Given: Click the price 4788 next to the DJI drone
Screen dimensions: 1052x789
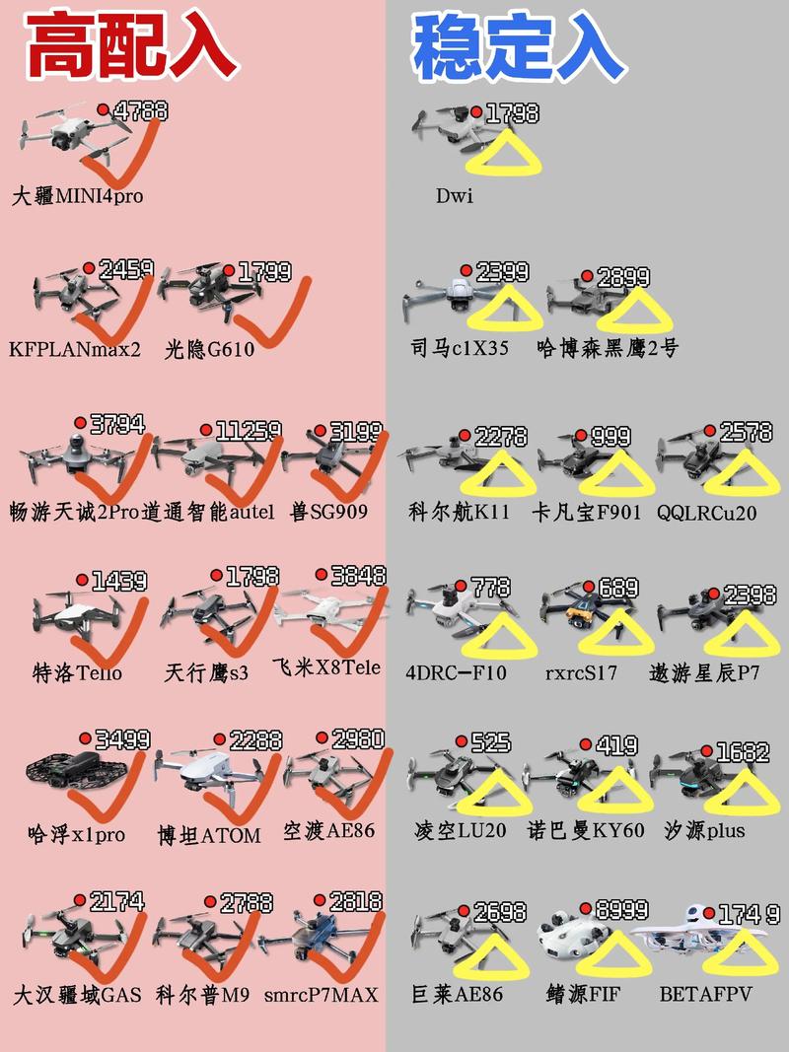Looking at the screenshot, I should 140,110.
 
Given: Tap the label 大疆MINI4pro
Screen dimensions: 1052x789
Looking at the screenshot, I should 77,196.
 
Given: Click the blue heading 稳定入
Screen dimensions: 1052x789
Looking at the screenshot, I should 519,46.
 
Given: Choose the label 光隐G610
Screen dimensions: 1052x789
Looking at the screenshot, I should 209,348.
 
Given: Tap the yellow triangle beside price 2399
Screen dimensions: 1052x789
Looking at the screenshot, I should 505,310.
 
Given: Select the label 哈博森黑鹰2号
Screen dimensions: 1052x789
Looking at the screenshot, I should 608,348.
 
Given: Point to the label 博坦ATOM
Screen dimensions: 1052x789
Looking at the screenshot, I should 209,835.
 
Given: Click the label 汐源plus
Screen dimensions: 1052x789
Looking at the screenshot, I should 703,830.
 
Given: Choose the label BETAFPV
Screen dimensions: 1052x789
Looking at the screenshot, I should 705,995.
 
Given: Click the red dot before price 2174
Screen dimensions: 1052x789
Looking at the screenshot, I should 80,901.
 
